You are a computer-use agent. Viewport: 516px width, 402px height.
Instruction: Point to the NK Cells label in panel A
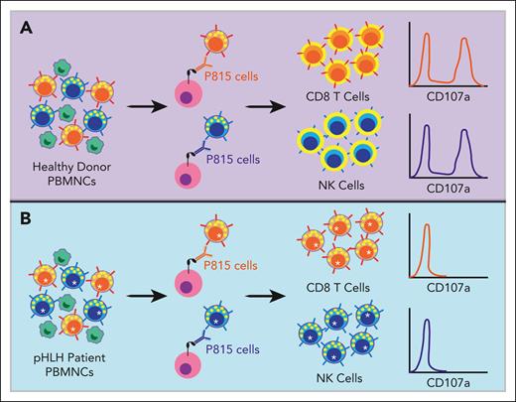[342, 183]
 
